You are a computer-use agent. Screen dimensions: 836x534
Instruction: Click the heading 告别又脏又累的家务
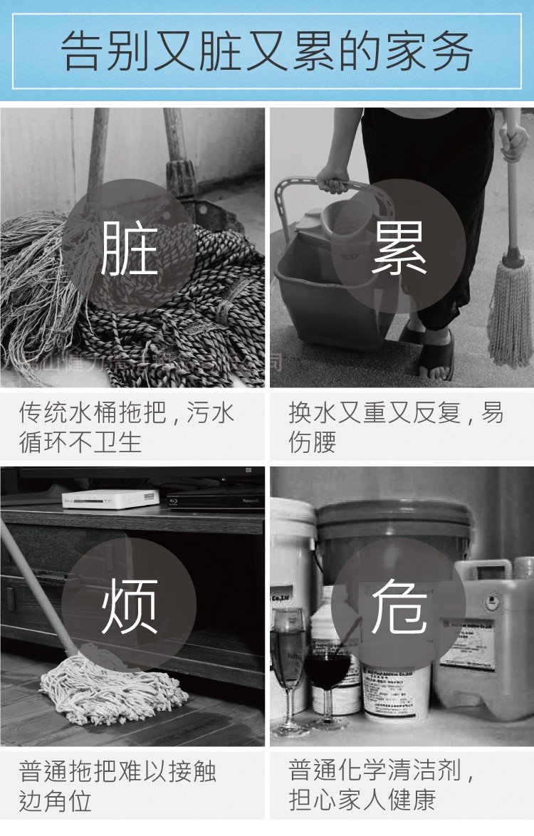[x=267, y=51]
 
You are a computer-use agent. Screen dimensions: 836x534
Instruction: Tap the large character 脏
[x=129, y=248]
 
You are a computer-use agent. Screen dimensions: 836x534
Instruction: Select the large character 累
[x=399, y=248]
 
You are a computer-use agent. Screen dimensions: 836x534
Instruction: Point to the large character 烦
[x=129, y=606]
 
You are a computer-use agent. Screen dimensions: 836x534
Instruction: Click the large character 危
[x=399, y=606]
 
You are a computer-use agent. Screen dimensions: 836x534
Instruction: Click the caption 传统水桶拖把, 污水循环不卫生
[x=127, y=427]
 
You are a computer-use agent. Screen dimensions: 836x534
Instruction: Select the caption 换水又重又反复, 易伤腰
[x=395, y=427]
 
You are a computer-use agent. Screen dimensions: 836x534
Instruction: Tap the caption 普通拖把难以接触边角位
[x=117, y=786]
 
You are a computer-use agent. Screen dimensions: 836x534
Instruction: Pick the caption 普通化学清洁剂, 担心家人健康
[x=381, y=785]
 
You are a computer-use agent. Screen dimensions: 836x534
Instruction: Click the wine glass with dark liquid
[x=327, y=669]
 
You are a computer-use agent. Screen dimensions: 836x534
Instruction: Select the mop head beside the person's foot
[x=510, y=313]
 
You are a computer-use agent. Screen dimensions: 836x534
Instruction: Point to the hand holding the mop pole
[x=513, y=142]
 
